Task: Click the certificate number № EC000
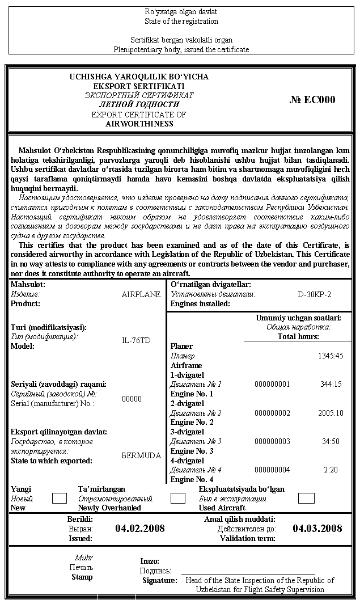pos(312,100)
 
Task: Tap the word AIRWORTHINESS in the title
pos(139,124)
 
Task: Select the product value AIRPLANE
pos(141,294)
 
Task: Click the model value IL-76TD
pos(137,341)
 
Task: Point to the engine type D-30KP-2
pos(314,294)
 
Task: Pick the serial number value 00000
pos(132,399)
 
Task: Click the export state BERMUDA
pos(141,455)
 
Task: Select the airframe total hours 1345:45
pos(331,356)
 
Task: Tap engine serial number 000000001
pos(272,384)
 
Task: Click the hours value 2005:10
pos(331,413)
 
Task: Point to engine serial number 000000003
pos(272,441)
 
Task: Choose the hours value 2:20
pos(331,470)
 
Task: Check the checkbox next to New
pos(60,499)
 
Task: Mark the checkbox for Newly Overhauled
pos(178,499)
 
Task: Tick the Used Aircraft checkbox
pos(306,499)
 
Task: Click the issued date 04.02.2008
pos(140,529)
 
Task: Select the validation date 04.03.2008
pos(317,529)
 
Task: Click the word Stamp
pos(82,577)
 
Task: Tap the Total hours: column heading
pos(298,336)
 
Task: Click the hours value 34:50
pos(331,441)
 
